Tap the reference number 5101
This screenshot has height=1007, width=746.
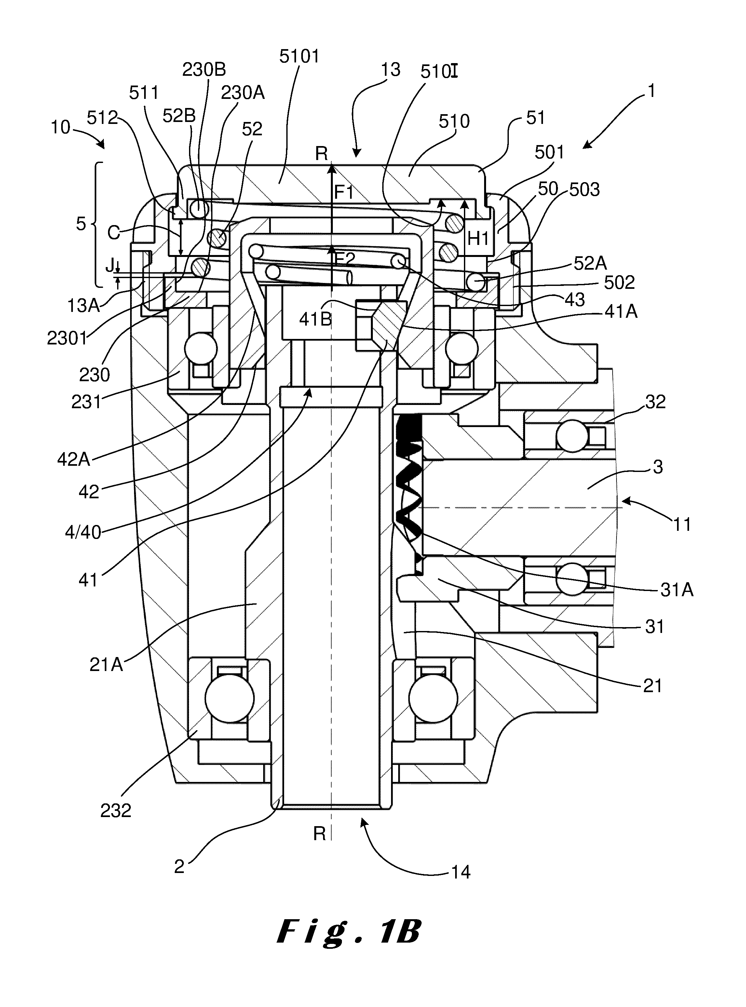(299, 56)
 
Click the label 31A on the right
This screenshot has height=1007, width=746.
(676, 590)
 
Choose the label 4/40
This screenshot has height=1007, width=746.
(83, 533)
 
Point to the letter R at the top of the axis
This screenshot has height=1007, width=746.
(321, 154)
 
